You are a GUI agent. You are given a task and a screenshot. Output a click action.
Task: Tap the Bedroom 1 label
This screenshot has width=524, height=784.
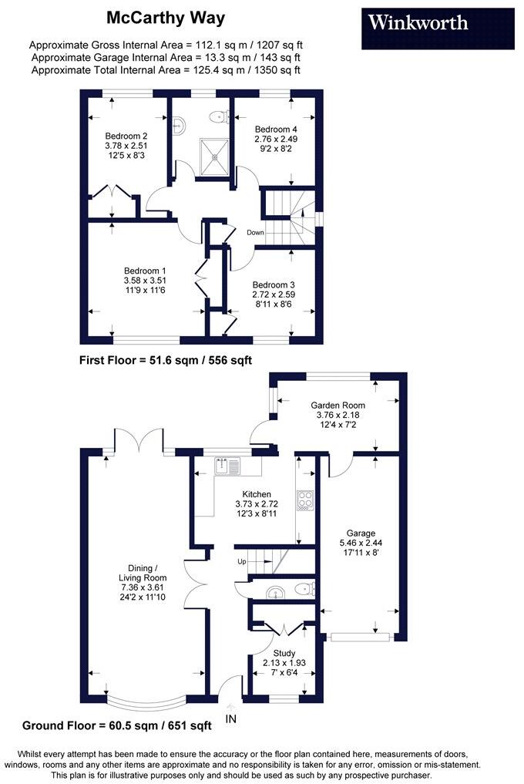146,271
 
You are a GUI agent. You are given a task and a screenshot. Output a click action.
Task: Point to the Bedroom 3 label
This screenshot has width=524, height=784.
274,284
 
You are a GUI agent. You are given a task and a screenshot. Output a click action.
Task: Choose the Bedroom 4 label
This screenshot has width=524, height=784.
275,129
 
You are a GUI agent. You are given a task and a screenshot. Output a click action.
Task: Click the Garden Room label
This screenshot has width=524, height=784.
338,405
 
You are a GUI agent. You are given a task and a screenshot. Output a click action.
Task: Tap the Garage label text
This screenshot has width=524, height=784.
360,533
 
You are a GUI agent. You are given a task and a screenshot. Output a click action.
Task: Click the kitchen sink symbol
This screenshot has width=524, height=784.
229,466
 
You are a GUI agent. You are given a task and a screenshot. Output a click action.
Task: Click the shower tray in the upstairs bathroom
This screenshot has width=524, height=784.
213,156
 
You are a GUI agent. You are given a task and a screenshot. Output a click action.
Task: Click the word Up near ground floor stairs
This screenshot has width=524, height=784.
241,561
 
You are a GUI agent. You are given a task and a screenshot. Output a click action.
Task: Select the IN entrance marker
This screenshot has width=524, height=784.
231,718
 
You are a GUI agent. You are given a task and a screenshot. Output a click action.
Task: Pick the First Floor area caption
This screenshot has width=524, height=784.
166,360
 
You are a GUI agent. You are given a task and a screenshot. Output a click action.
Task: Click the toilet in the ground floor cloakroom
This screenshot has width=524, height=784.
305,590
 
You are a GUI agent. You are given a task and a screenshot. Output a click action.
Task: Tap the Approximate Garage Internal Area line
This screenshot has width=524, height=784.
165,57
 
